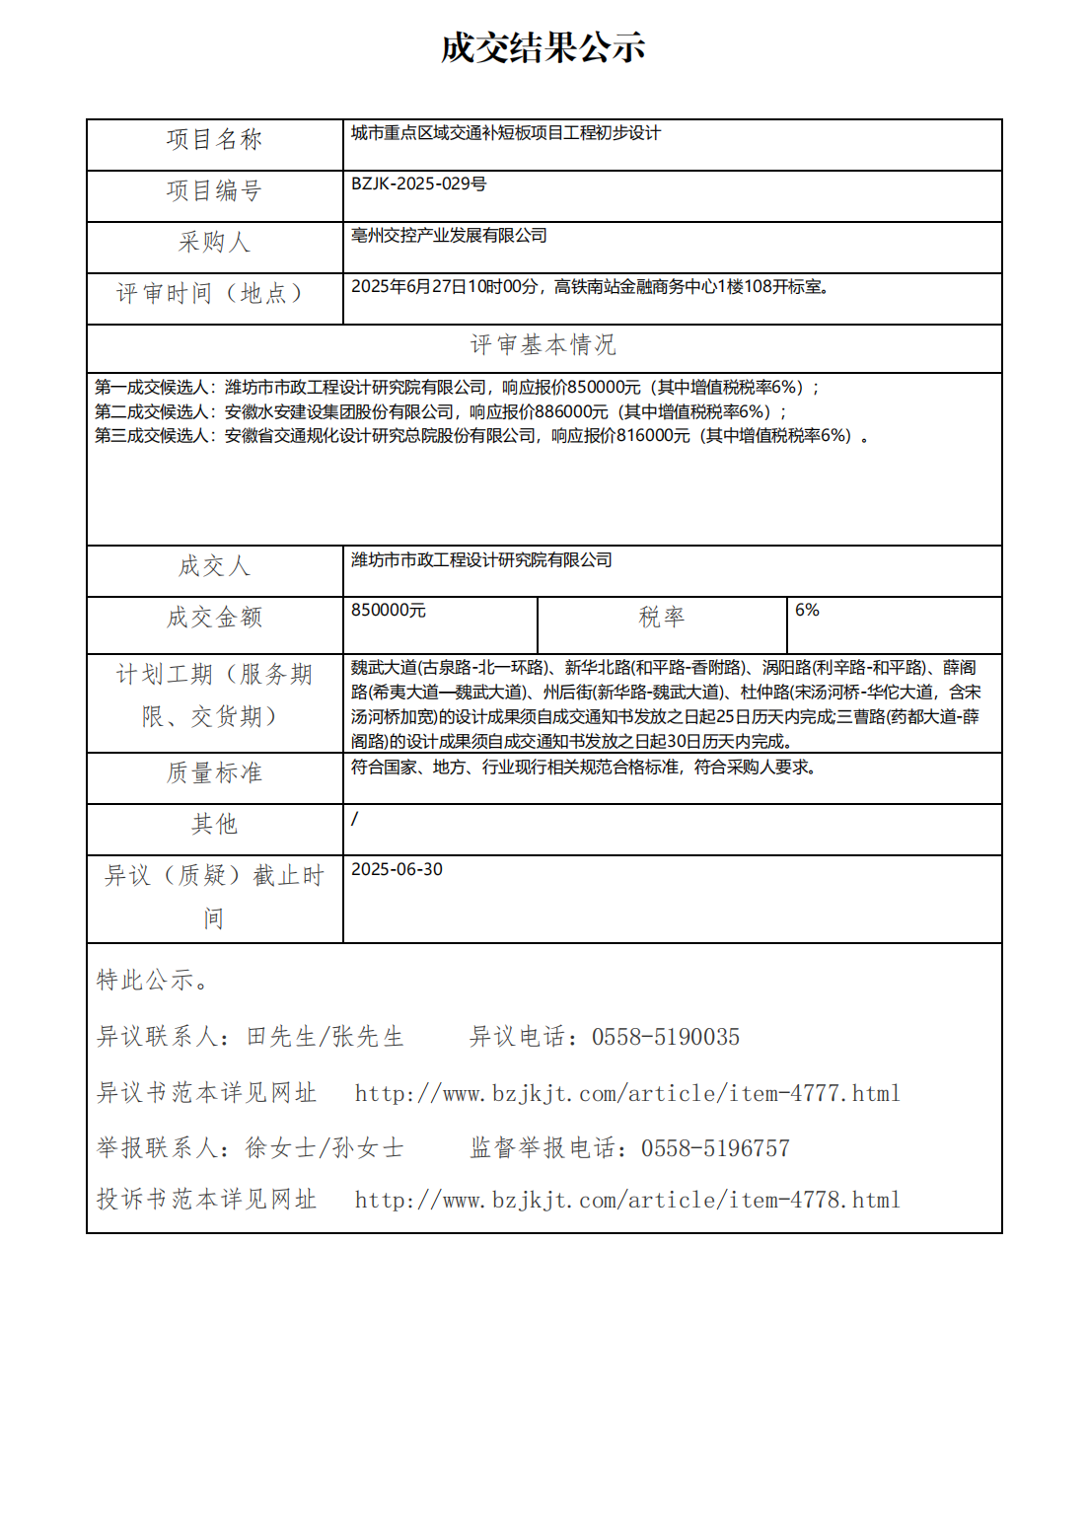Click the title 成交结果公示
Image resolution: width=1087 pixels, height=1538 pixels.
543,47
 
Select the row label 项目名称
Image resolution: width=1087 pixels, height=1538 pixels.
214,140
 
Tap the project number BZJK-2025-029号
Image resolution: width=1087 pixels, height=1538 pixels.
418,184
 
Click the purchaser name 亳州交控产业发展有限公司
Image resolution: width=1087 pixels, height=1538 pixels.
449,236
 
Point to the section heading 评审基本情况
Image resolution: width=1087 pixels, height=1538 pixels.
543,345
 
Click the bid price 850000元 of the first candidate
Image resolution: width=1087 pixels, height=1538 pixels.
604,388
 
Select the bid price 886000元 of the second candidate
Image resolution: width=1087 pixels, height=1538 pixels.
571,412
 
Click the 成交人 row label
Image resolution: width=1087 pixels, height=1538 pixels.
214,566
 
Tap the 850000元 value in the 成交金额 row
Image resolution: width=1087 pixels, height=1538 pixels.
389,611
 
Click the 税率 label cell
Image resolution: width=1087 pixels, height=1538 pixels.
661,618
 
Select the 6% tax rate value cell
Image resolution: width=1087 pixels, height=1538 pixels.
807,611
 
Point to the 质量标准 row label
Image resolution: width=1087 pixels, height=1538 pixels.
214,773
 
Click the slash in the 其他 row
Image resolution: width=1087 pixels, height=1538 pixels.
355,819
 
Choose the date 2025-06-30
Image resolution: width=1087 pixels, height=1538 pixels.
397,869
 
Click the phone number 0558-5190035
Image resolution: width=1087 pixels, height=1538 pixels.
666,1037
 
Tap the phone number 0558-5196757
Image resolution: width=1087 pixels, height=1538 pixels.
715,1148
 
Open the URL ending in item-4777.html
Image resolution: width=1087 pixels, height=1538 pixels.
627,1093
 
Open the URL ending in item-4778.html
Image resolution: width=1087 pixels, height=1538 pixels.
627,1200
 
